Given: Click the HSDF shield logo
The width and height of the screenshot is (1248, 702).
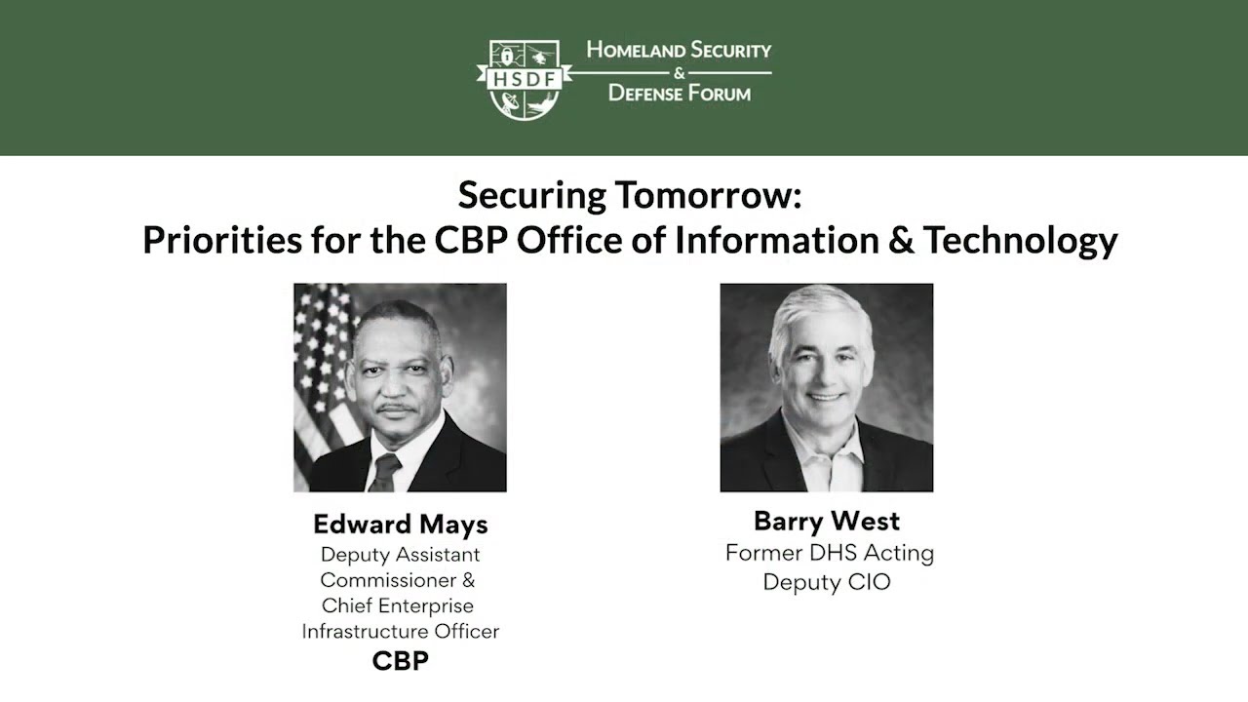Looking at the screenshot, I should pyautogui.click(x=524, y=79).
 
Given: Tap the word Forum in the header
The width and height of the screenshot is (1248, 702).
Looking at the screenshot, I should pyautogui.click(x=714, y=94).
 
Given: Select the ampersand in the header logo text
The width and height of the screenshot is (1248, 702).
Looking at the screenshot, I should pyautogui.click(x=680, y=72).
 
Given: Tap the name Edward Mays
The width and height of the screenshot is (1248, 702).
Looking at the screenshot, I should pyautogui.click(x=400, y=525).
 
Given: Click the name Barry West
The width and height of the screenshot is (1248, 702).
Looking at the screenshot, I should pyautogui.click(x=827, y=521).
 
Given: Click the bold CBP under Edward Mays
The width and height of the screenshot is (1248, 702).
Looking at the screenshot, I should pyautogui.click(x=400, y=661).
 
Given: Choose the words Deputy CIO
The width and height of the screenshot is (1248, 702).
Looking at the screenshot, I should pyautogui.click(x=827, y=582).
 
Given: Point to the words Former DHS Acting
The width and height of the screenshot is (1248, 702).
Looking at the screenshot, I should pyautogui.click(x=829, y=553).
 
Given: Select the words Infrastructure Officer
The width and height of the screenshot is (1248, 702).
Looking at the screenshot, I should pyautogui.click(x=400, y=631).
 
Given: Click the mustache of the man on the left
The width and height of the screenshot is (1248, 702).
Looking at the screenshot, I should pyautogui.click(x=398, y=406).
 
